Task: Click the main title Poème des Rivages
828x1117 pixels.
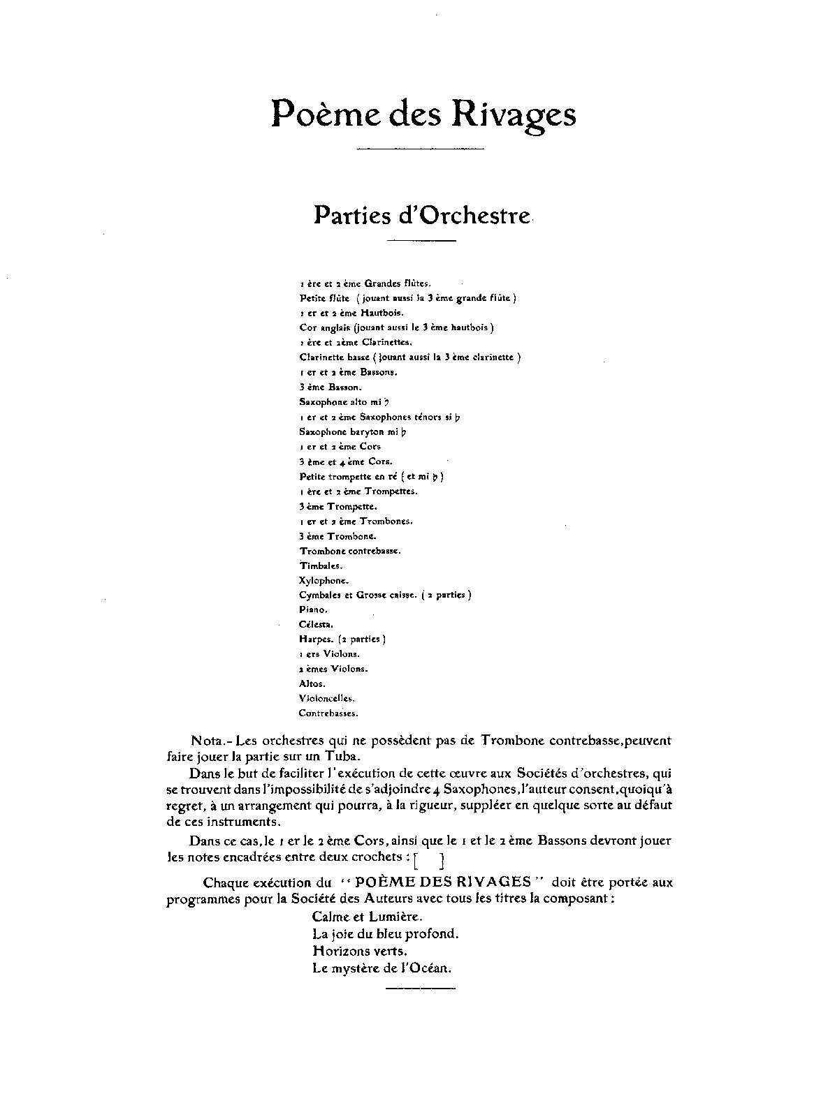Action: coord(423,114)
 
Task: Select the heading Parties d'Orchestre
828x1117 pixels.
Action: coord(422,215)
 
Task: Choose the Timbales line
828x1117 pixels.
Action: coord(321,565)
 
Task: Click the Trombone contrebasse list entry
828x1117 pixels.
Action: coord(350,551)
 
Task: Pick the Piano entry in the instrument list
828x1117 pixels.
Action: coord(313,609)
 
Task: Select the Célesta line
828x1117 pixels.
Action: coord(317,624)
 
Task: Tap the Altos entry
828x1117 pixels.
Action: coord(312,683)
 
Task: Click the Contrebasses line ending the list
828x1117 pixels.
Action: coord(328,713)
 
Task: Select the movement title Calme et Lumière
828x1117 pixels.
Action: coord(368,917)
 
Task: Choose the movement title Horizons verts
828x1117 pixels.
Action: coord(361,951)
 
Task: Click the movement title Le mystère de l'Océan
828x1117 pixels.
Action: coord(383,968)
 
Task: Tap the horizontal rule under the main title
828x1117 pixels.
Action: coord(421,148)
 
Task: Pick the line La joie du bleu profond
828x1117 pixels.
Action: coord(386,933)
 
